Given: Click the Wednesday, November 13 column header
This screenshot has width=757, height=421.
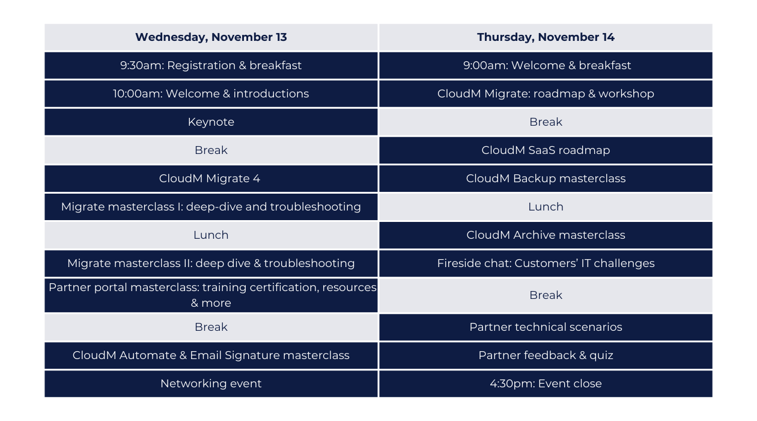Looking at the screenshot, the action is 211,37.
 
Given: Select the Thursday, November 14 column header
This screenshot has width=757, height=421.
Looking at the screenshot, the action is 546,37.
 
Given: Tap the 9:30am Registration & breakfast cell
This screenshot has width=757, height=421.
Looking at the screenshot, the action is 211,66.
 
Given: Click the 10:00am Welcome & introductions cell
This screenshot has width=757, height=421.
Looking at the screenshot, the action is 211,94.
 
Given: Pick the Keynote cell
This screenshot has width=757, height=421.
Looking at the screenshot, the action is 211,122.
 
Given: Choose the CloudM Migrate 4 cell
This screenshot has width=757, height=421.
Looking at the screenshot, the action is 211,179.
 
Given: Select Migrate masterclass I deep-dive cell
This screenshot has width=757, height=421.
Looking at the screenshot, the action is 211,207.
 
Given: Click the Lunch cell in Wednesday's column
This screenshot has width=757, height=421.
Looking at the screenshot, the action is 211,235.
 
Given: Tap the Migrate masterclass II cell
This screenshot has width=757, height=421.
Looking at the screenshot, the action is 211,263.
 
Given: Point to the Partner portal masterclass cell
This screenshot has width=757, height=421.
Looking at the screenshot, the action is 211,295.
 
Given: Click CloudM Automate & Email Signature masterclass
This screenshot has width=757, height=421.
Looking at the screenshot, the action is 211,355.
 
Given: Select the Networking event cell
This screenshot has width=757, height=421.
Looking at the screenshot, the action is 211,384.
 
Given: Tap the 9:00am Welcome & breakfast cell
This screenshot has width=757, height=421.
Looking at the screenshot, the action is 546,66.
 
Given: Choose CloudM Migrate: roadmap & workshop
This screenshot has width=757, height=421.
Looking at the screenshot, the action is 546,94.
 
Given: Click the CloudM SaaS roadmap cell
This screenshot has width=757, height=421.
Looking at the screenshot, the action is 546,150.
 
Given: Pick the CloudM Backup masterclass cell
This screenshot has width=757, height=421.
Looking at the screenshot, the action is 546,179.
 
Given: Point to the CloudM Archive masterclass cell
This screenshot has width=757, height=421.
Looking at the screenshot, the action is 546,235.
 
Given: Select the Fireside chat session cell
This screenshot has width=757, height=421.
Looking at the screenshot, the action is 546,263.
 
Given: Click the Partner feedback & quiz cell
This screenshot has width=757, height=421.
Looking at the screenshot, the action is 546,355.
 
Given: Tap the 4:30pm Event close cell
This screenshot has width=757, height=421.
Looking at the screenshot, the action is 546,384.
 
